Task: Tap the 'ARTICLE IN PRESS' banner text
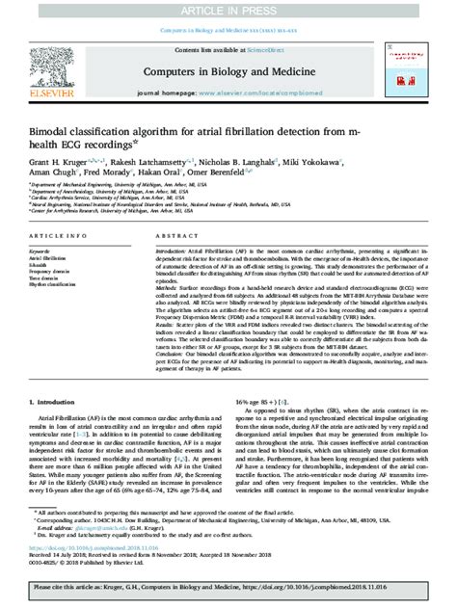(228, 10)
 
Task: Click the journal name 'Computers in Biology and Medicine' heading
(228, 74)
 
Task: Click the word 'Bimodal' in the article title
(53, 130)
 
